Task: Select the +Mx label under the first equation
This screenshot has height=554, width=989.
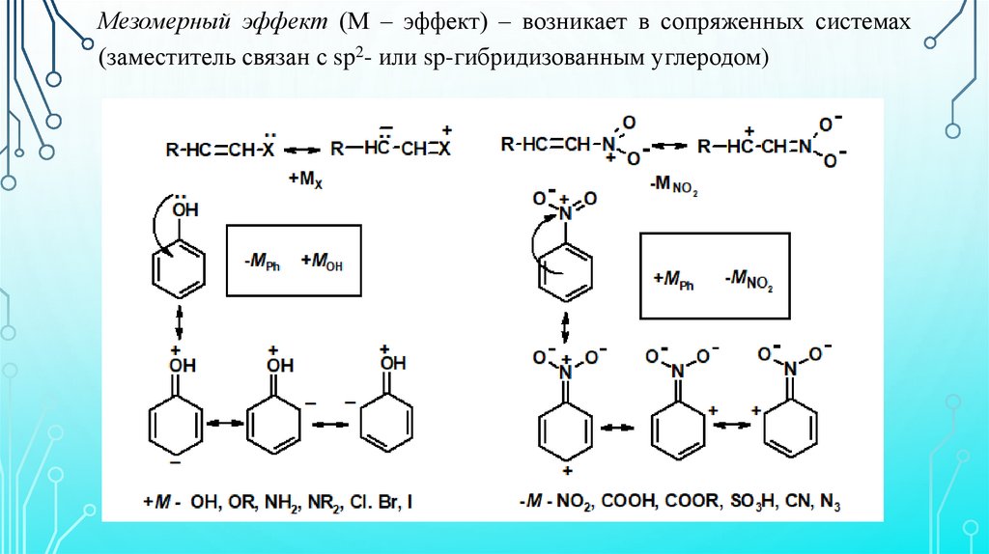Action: [x=302, y=179]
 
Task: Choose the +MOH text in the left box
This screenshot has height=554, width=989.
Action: [x=321, y=260]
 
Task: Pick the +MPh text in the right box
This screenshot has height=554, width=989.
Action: [x=674, y=280]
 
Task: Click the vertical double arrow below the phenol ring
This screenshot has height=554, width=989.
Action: [x=180, y=321]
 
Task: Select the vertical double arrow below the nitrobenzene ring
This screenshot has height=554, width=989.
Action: [x=565, y=329]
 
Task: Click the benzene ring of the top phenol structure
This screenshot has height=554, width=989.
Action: [x=179, y=263]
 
